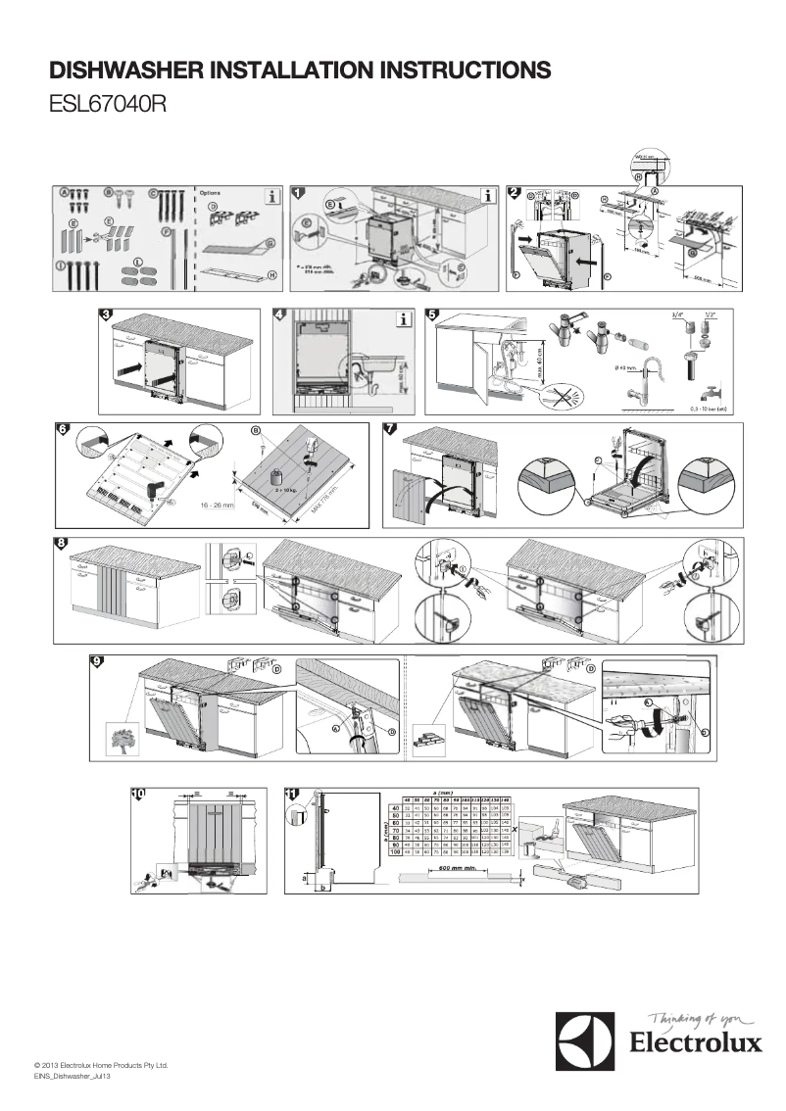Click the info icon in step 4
(x=402, y=318)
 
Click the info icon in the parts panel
(x=269, y=196)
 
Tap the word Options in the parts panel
(x=210, y=193)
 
